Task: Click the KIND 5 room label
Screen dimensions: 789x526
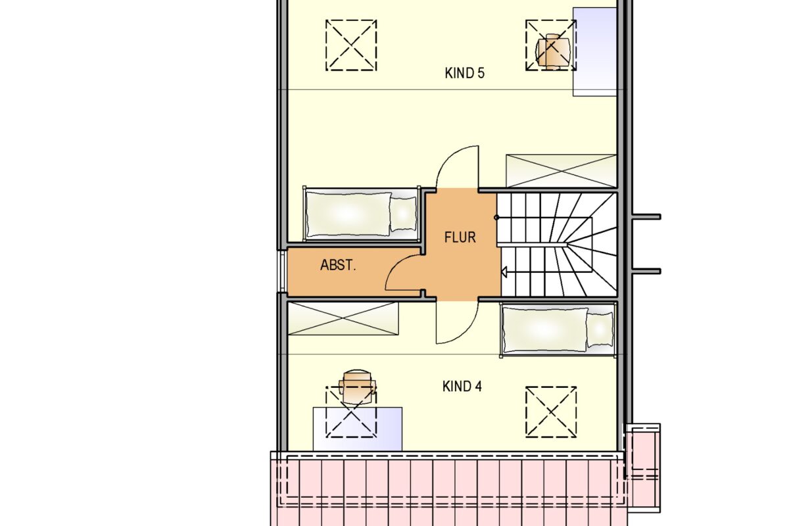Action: click(x=465, y=73)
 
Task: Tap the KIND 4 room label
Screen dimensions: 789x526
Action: click(x=462, y=387)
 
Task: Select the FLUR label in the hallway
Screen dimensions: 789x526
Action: click(x=460, y=237)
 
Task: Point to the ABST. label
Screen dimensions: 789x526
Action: click(x=338, y=265)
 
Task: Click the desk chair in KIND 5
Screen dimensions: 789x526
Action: click(x=552, y=51)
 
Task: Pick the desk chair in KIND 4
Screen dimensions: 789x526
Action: click(x=357, y=387)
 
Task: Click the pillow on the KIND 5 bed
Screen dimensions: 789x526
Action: click(x=403, y=214)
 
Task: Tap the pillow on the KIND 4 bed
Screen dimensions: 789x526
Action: click(x=600, y=330)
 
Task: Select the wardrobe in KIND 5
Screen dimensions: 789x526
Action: click(x=561, y=171)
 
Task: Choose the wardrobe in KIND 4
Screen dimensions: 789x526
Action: click(x=343, y=318)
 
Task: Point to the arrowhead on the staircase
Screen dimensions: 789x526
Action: click(x=504, y=272)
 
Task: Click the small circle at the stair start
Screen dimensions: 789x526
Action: click(x=496, y=218)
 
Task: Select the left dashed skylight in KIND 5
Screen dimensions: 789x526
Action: click(x=351, y=45)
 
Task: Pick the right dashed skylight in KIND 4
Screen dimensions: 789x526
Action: click(x=551, y=412)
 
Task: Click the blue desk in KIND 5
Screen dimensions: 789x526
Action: click(x=594, y=52)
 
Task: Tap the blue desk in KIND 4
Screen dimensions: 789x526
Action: click(x=358, y=429)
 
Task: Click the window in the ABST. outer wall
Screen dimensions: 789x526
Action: click(x=283, y=272)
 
